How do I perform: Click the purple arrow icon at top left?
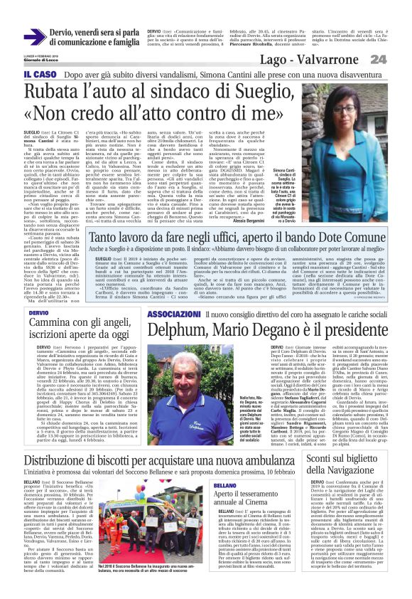click(33, 36)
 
